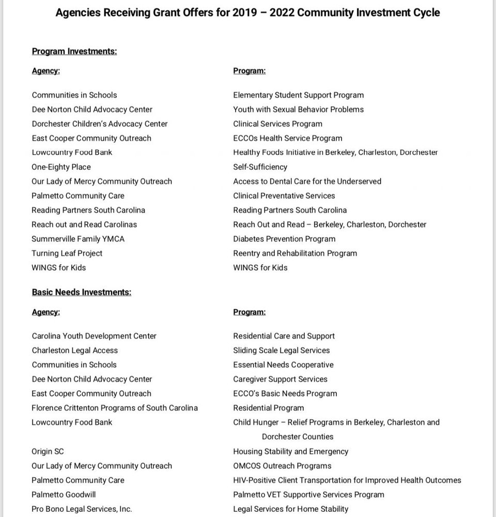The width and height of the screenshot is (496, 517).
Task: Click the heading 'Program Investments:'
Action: (74, 51)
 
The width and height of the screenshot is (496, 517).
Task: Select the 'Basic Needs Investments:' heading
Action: (82, 292)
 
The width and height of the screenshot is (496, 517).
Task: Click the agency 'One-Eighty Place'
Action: (61, 167)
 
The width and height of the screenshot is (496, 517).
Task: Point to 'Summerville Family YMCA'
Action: (78, 239)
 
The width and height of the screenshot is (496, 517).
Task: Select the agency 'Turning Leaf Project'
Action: (67, 253)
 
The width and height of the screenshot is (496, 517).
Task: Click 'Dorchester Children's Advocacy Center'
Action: (100, 124)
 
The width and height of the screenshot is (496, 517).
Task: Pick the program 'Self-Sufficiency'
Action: (260, 167)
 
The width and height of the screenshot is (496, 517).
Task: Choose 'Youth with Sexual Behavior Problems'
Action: (299, 109)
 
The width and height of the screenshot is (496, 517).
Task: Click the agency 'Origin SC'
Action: (48, 451)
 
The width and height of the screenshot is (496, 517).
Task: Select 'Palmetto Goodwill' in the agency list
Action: (64, 494)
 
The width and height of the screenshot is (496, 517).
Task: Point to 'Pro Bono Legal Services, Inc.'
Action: (82, 509)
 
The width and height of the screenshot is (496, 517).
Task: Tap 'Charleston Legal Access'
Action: (75, 350)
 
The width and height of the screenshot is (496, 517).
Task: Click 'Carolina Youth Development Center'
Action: (94, 336)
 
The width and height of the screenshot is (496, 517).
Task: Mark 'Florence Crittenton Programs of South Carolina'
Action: (115, 408)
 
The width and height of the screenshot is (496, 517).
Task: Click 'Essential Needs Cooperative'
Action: (284, 364)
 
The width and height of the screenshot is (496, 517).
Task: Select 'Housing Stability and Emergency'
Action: (291, 451)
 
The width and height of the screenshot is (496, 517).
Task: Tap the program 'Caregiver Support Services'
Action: (281, 379)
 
